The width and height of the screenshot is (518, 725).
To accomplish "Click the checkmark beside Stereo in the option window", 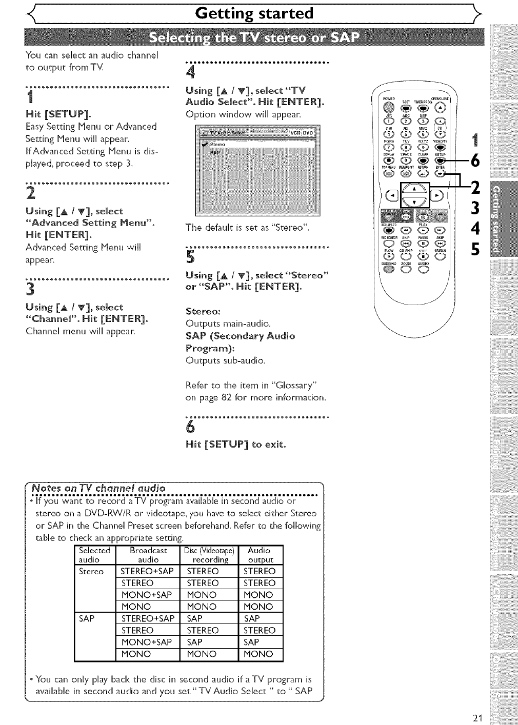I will tap(204, 145).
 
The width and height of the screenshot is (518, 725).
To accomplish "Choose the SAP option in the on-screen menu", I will tap(215, 152).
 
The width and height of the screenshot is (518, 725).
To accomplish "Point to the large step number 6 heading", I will tap(190, 427).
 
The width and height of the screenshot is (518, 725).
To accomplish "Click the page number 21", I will tap(479, 718).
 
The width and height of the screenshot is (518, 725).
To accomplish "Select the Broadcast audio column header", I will tap(148, 555).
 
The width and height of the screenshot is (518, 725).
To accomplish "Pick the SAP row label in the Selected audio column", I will tap(87, 618).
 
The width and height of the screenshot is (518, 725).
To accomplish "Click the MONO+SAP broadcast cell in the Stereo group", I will tap(146, 595).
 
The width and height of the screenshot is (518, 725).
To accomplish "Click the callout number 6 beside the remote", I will tap(474, 160).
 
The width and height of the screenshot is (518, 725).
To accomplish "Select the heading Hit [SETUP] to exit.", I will tap(235, 444).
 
